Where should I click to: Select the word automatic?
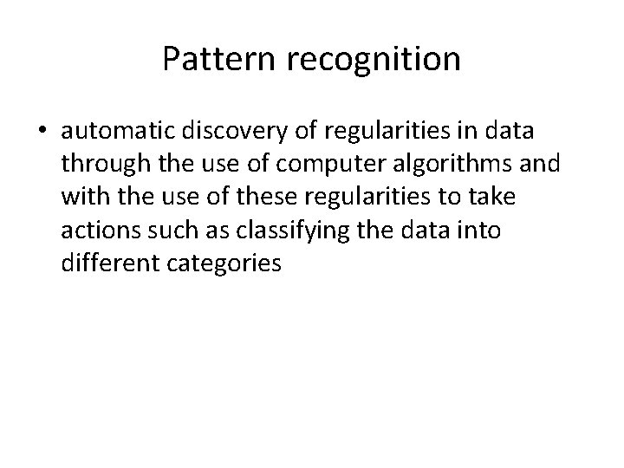(x=119, y=131)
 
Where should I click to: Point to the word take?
(x=491, y=198)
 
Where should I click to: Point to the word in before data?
(x=452, y=131)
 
